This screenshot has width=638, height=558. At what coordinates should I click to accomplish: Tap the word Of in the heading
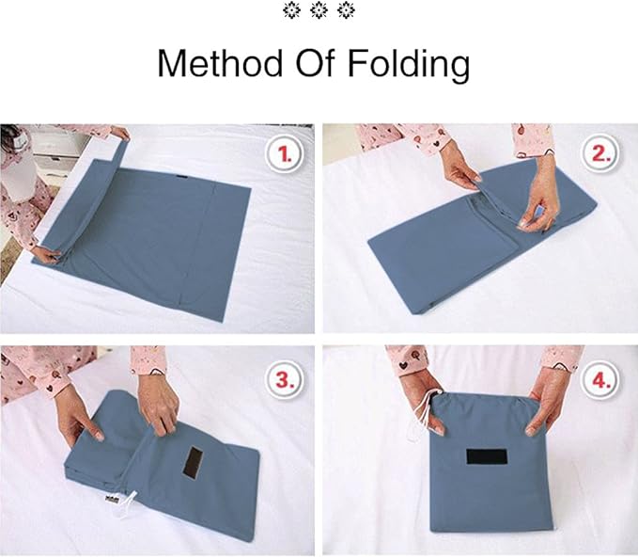314,63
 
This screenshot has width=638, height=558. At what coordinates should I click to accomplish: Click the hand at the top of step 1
118,134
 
